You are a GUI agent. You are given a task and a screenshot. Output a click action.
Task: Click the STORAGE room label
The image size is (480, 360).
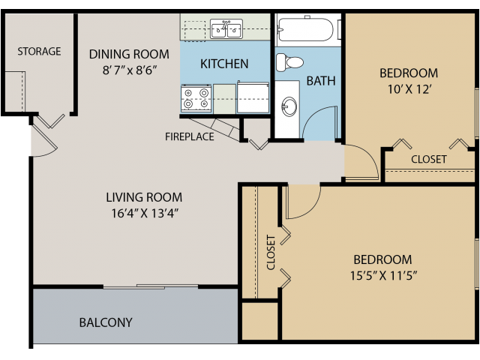[x=39, y=52]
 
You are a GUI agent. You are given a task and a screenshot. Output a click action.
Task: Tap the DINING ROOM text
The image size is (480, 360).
[x=129, y=54]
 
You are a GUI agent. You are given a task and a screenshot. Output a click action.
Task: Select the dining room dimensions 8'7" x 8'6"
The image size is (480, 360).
[x=129, y=72]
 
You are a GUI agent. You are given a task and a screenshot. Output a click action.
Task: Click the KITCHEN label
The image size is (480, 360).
[x=224, y=64]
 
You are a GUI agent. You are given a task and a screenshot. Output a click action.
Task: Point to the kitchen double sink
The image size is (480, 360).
[x=226, y=30]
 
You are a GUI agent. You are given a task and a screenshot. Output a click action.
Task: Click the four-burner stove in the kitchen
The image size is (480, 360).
[x=196, y=99]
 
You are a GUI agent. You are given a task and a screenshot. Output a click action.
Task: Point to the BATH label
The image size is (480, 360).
[x=320, y=81]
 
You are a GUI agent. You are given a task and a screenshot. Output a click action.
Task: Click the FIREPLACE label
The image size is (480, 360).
[x=190, y=136]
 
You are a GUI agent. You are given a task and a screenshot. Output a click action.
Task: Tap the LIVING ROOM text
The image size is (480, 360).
[x=144, y=197]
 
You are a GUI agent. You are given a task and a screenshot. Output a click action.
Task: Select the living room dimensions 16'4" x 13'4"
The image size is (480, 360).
[x=144, y=213]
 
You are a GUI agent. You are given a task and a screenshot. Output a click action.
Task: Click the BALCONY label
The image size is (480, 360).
[x=106, y=322]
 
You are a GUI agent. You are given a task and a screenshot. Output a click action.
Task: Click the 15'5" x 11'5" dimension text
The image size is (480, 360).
[x=384, y=275]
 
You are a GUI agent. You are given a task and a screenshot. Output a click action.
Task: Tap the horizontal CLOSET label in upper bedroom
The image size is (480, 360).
[x=429, y=159]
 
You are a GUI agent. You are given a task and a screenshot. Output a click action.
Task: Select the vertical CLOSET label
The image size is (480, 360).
[x=271, y=253]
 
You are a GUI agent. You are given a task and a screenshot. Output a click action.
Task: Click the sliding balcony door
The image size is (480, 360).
[x=151, y=286]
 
